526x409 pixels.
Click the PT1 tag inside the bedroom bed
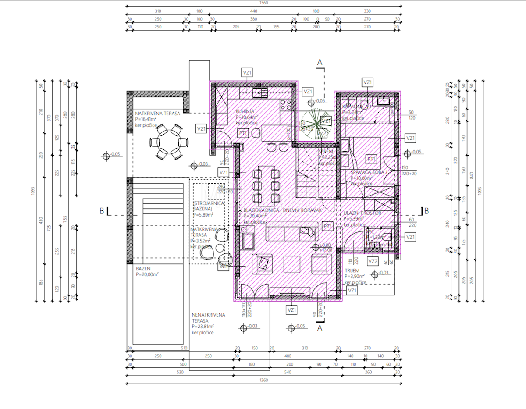(x=371, y=159)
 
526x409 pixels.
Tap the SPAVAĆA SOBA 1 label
(x=369, y=172)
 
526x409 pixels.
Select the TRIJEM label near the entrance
(x=352, y=271)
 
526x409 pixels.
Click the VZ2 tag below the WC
(x=373, y=262)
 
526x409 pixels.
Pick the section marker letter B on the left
(x=102, y=211)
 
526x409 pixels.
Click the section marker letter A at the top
(x=320, y=63)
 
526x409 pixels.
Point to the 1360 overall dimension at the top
(x=264, y=3)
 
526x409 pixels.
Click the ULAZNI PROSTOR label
(x=363, y=213)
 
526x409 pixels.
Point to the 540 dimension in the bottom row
(x=288, y=372)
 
